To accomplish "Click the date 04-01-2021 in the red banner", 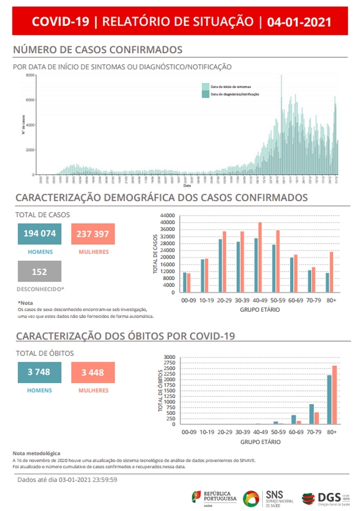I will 299,22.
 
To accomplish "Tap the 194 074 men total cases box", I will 40,234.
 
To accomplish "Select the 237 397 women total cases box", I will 93,234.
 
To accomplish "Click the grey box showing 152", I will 39,272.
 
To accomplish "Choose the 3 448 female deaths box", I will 93,373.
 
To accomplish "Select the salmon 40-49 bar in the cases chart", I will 260,257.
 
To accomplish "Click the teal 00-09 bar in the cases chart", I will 185,282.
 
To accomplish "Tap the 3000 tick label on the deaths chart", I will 170,357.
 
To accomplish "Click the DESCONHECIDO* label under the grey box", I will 40,289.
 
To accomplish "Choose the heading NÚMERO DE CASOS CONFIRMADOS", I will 98,49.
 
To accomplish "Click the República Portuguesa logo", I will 214,498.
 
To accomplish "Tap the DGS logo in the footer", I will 325,498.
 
